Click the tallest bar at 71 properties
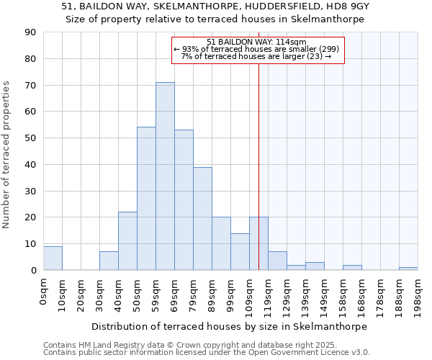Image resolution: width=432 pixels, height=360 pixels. [165, 176]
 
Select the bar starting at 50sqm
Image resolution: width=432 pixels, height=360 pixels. [146, 199]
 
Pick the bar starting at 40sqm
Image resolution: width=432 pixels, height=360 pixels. [127, 241]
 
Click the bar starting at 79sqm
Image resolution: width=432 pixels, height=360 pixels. [202, 219]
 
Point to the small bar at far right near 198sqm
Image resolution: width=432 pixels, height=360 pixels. [408, 269]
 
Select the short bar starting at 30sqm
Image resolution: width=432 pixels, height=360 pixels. [109, 261]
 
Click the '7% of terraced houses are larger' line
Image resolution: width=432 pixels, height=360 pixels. [256, 56]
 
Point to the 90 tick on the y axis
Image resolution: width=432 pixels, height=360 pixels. [30, 32]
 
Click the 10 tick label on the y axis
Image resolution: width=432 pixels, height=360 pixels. [30, 244]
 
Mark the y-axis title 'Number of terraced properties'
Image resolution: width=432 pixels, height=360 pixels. [6, 154]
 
